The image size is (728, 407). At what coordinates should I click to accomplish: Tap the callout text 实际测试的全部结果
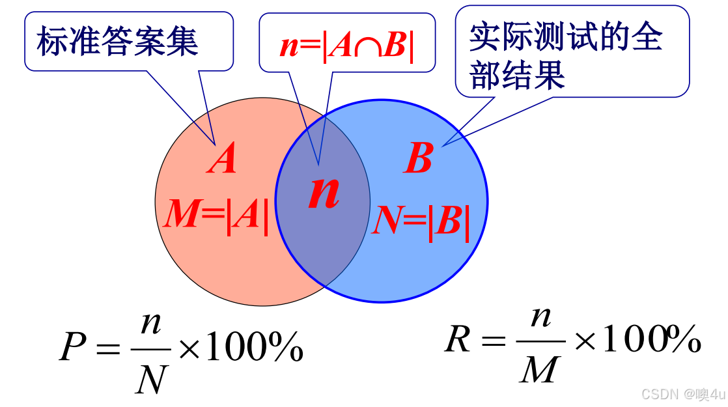click(565, 56)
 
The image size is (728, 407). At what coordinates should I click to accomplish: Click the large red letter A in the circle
click(222, 160)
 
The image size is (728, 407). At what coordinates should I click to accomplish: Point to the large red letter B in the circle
click(418, 158)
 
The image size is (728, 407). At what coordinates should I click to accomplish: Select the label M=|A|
click(216, 215)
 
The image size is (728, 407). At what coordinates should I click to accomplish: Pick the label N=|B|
click(420, 223)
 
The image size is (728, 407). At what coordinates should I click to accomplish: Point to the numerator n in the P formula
click(151, 324)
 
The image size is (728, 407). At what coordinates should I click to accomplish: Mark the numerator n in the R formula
click(540, 317)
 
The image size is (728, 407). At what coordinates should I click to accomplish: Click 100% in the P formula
click(255, 348)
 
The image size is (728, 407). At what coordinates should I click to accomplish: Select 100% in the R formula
click(651, 339)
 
